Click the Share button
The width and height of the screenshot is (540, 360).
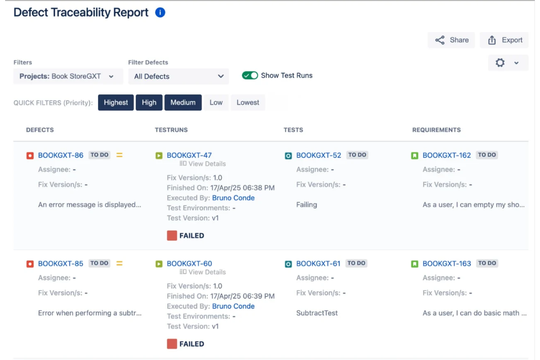[451, 40]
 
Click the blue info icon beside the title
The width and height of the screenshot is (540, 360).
[160, 12]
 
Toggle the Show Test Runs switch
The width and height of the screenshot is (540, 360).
[250, 76]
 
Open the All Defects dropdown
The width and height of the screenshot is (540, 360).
[178, 77]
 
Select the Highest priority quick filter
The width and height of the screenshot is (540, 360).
[116, 103]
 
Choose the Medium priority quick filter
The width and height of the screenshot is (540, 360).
[183, 103]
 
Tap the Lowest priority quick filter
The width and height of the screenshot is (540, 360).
[248, 103]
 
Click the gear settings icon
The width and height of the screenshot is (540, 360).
[500, 63]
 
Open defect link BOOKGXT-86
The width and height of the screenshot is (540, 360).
[61, 155]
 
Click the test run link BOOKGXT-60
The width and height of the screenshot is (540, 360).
[189, 264]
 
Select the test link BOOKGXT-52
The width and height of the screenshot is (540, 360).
[319, 155]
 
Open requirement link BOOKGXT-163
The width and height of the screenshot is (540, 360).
[447, 264]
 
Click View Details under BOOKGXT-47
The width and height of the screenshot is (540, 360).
[203, 164]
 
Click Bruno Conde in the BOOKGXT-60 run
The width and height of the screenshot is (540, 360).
[233, 306]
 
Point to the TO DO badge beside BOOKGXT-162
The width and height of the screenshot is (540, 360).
[487, 155]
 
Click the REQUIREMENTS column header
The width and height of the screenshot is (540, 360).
[436, 130]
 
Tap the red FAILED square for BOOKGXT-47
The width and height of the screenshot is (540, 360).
[172, 236]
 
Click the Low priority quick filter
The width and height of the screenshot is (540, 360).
[216, 103]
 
